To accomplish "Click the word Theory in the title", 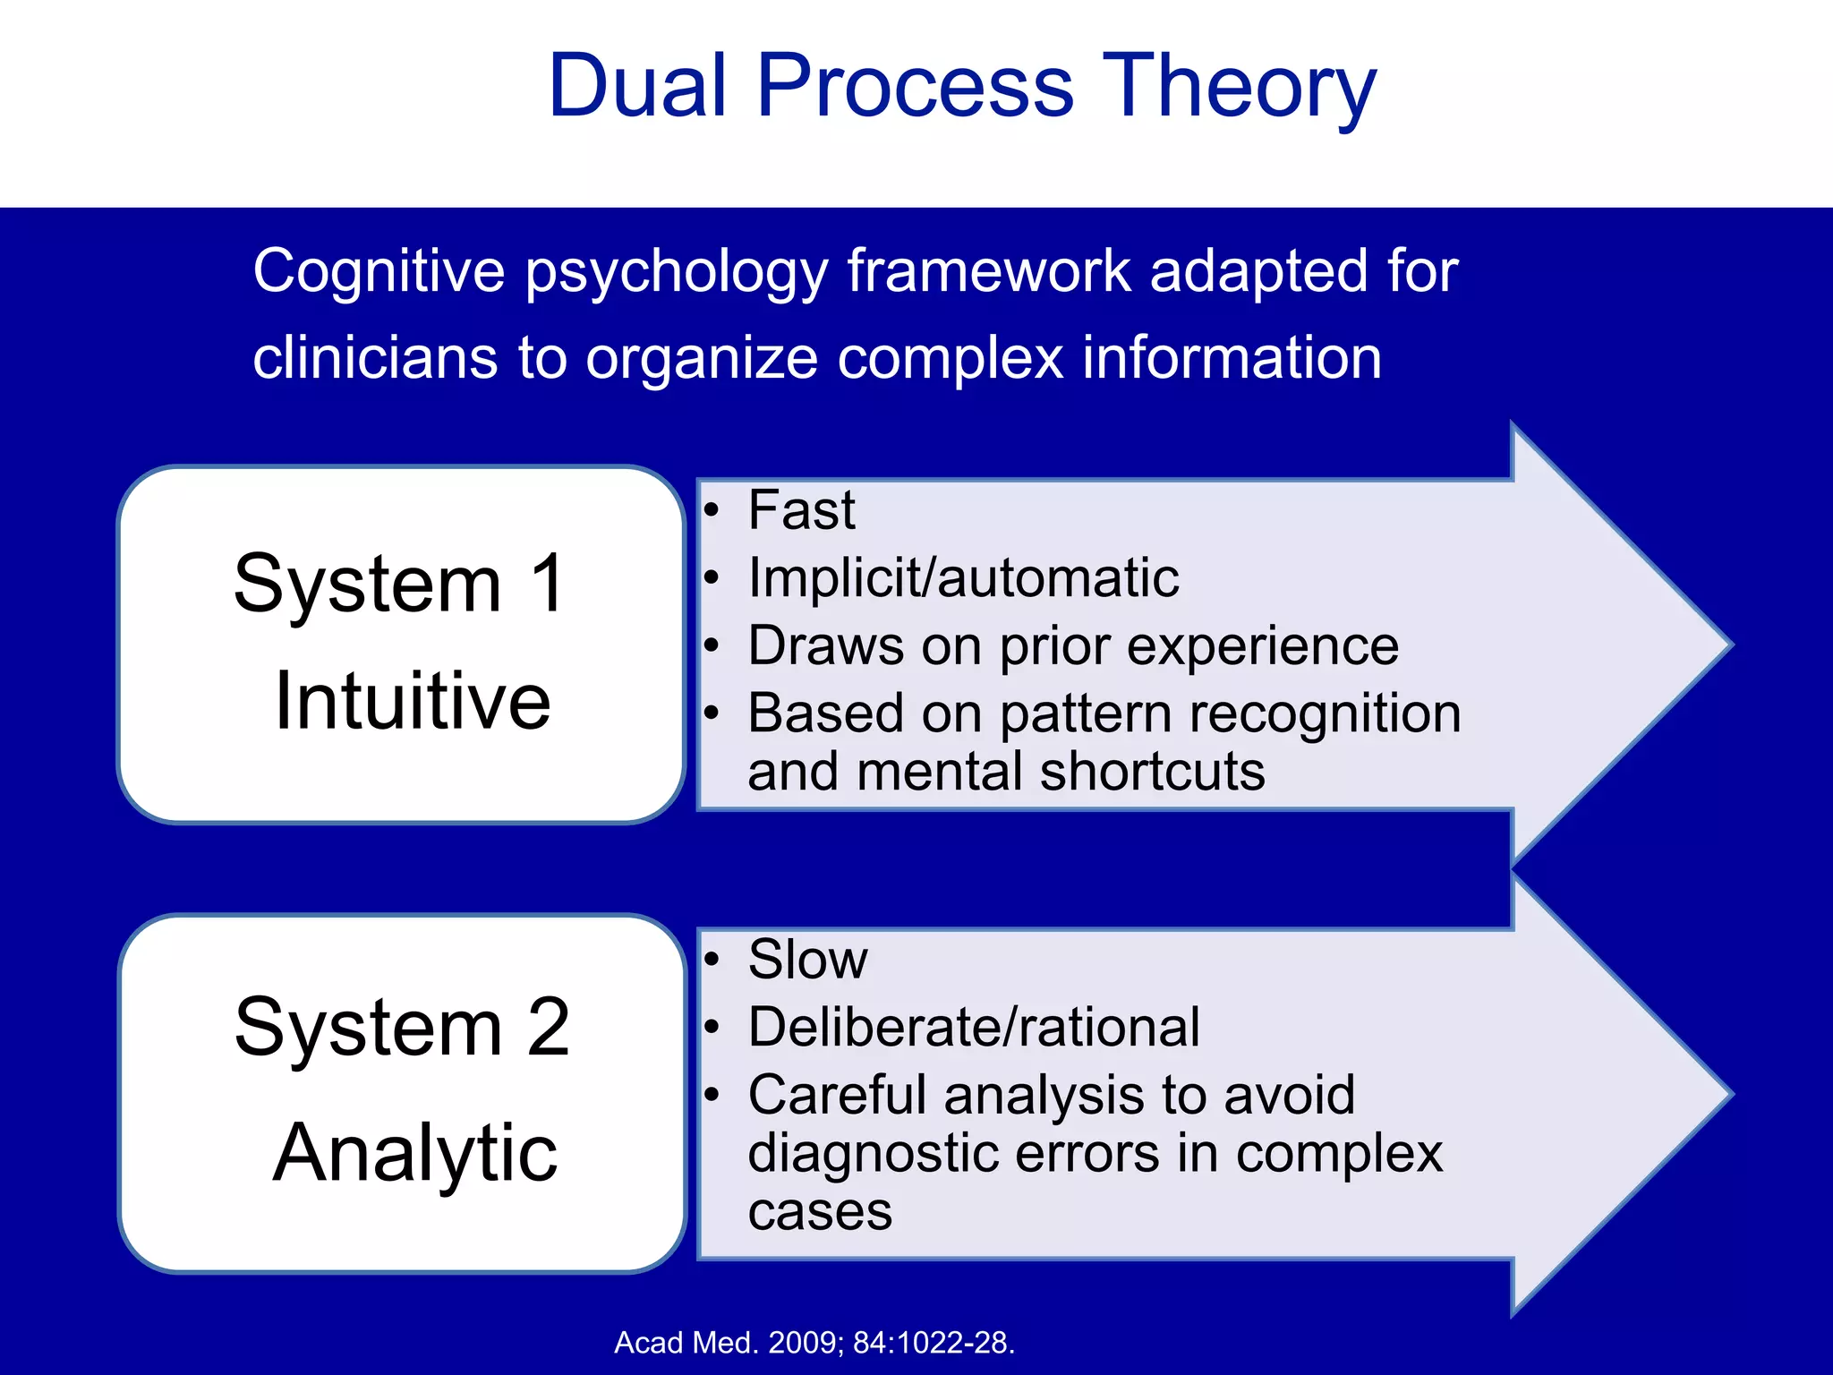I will point(1239,86).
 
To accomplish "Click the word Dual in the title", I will point(636,86).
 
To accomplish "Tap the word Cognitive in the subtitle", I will point(379,270).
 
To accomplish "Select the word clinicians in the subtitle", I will point(374,358).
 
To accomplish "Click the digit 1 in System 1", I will point(547,584).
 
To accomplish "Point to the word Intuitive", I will point(412,701).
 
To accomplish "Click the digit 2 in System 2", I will point(548,1028).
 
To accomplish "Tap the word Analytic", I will point(414,1154).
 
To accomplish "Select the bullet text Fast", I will point(801,510).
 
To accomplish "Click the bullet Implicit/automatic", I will point(962,577).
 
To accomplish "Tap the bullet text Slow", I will point(807,960).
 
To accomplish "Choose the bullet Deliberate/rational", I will point(973,1027).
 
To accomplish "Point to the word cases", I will point(820,1212).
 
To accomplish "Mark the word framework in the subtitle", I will point(989,270).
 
